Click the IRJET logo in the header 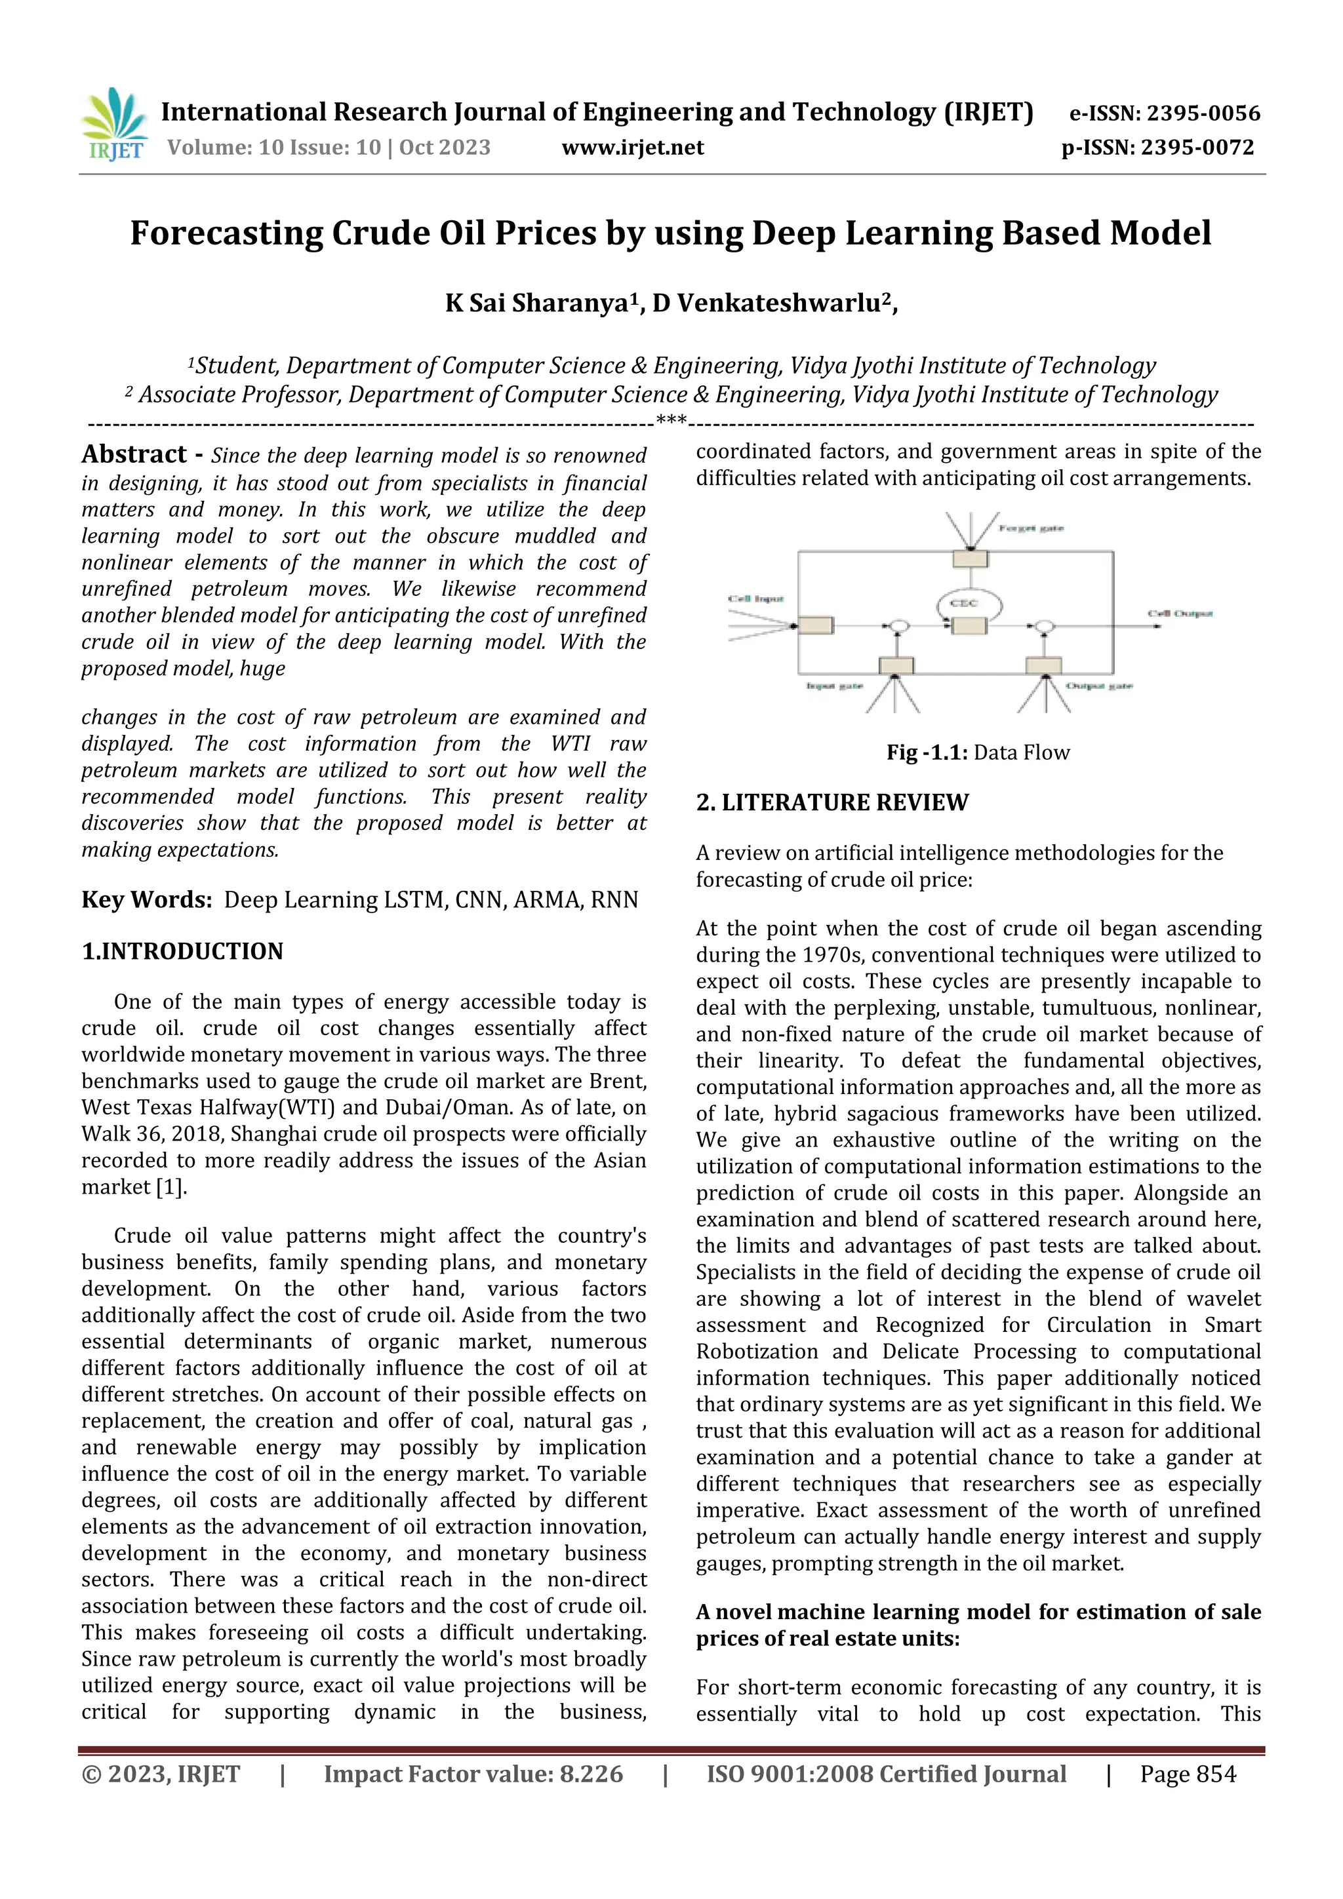115,124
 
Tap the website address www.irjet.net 632,148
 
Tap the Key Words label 146,900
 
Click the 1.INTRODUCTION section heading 182,951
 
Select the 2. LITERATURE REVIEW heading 832,802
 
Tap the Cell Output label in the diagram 1179,614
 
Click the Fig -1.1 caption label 927,753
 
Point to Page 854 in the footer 1188,1774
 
